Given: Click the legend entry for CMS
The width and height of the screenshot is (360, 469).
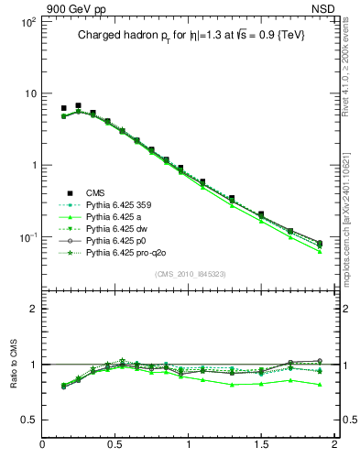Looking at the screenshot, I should pos(95,192).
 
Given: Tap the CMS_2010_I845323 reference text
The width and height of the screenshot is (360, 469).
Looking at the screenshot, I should pos(190,275).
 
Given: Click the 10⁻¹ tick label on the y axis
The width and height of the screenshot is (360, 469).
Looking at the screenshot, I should pos(27,237).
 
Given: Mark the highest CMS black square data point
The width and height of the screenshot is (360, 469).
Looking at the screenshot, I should pos(78,106).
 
